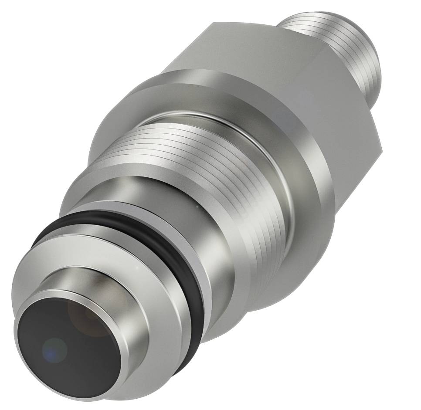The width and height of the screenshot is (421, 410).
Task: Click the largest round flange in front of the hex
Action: click(301, 183)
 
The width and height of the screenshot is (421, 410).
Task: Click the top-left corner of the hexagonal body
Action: click(214, 23)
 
